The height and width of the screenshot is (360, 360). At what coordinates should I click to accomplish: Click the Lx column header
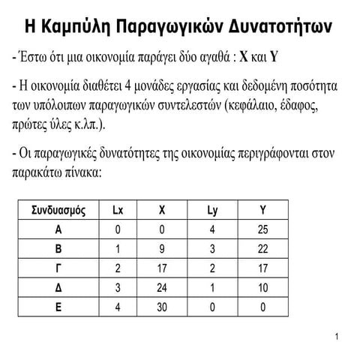(118, 209)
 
